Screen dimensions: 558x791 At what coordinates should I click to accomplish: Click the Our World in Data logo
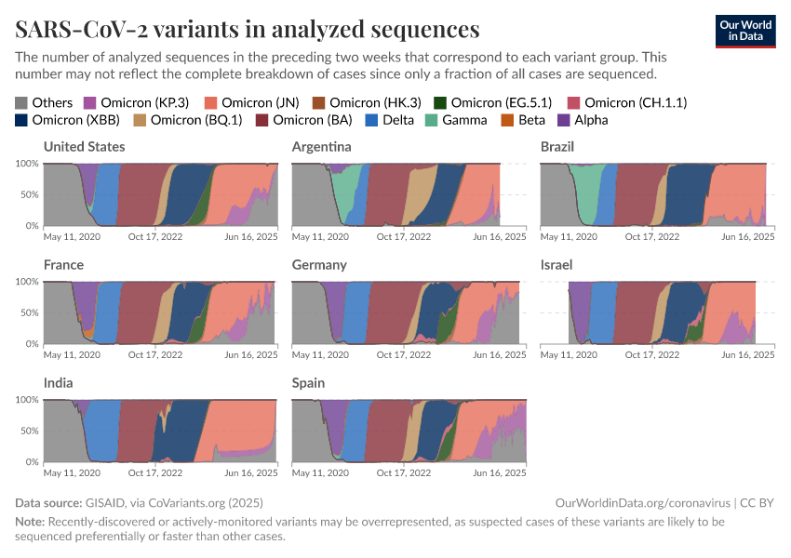coord(744,31)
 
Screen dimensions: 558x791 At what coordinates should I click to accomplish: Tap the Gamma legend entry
coord(463,120)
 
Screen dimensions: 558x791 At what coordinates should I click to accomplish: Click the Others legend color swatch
coord(21,102)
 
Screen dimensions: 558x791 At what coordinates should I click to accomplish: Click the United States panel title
coord(85,147)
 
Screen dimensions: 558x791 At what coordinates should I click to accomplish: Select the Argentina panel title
coord(321,147)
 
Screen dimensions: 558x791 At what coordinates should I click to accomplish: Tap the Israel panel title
coord(556,265)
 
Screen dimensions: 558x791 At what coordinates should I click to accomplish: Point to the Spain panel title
coord(308,383)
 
